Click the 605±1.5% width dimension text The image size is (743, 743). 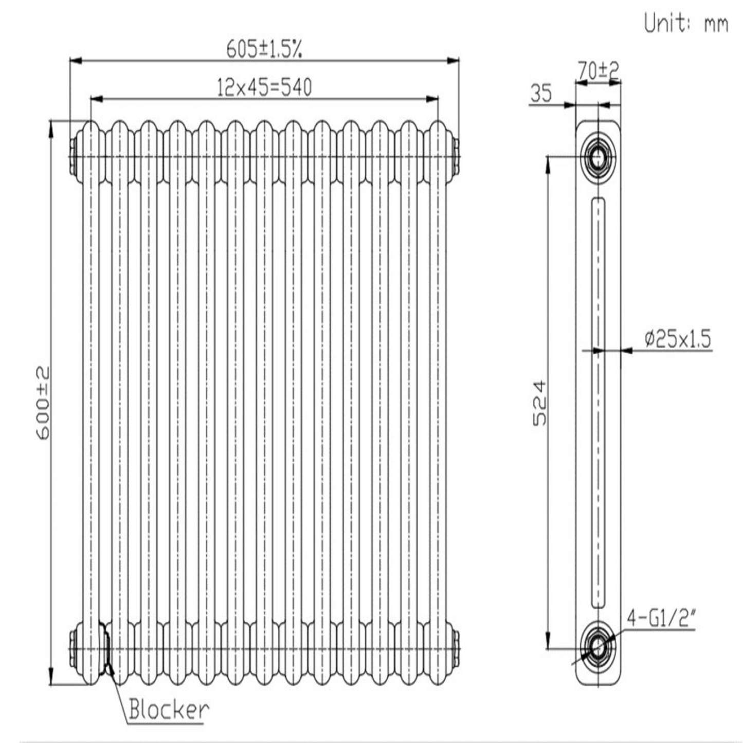264,49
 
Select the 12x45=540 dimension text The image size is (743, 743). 264,87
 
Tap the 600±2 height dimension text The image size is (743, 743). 43,403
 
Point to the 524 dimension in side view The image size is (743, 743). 539,403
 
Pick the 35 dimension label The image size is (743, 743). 540,94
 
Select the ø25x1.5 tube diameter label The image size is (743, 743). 678,339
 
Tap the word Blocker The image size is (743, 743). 169,710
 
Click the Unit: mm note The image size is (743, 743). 686,24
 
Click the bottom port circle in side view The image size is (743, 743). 598,647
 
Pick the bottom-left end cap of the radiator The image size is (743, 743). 73,649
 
